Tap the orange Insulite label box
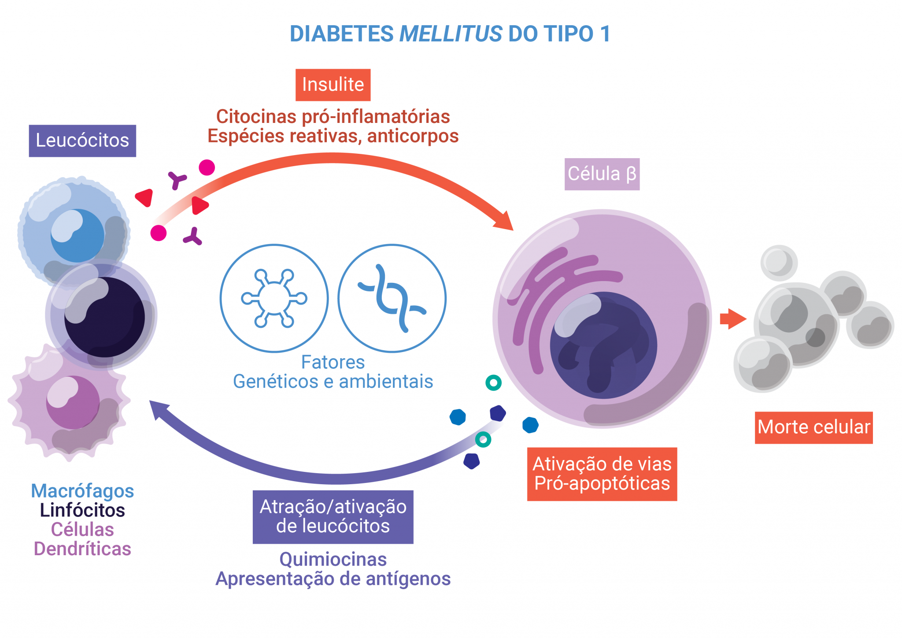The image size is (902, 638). coord(333,85)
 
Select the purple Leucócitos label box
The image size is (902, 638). coord(82,141)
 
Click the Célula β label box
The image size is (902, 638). coord(602,174)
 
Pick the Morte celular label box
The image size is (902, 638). coord(813,427)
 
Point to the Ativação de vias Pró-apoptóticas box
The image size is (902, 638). coord(602,474)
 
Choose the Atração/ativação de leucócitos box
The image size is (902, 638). coord(333,516)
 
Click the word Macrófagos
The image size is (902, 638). coord(82,491)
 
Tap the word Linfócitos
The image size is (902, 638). coord(82,510)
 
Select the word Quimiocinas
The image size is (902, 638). coord(333,560)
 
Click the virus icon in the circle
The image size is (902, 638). coord(274,298)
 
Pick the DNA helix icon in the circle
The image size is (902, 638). coord(392,298)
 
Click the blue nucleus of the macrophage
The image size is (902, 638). coord(78,235)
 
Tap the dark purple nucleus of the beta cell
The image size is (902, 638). coord(603,346)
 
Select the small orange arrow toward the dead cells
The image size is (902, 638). coord(732,319)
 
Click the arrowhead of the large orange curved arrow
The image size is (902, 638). coord(505,221)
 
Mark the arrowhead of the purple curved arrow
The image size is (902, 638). coord(156,408)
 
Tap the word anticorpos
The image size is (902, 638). coord(413,136)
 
